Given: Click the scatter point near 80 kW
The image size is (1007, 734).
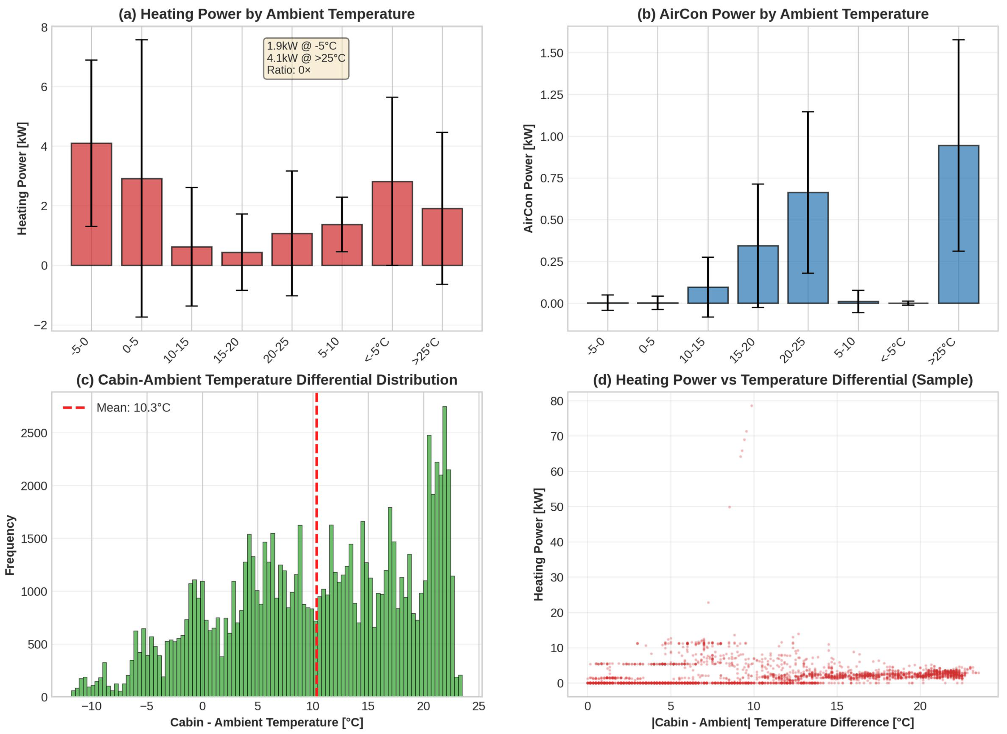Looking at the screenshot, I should pyautogui.click(x=752, y=406).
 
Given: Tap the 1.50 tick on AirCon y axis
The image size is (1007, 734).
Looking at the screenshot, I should pyautogui.click(x=551, y=53).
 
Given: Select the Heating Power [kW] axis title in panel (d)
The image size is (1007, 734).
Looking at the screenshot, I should pyautogui.click(x=538, y=544).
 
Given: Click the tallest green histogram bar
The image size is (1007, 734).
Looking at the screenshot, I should pyautogui.click(x=444, y=551).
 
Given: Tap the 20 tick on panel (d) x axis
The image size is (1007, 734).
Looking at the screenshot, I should pyautogui.click(x=920, y=706).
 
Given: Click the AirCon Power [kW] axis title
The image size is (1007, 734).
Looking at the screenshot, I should pyautogui.click(x=528, y=178).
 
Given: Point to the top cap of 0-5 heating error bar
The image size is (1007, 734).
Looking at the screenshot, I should pyautogui.click(x=142, y=40).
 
